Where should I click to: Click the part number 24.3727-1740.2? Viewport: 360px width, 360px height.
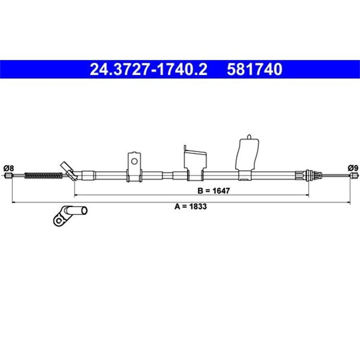(x=148, y=70)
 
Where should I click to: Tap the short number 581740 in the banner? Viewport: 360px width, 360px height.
(x=254, y=70)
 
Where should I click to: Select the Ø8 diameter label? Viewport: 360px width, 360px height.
(x=9, y=168)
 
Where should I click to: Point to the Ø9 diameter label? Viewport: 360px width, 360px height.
(x=353, y=168)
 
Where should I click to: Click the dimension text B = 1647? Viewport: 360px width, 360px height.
(x=214, y=191)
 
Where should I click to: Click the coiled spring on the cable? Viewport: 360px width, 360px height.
(x=43, y=175)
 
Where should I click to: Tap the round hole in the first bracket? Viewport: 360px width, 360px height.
(x=134, y=161)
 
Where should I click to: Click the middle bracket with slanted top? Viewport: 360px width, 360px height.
(x=195, y=163)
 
